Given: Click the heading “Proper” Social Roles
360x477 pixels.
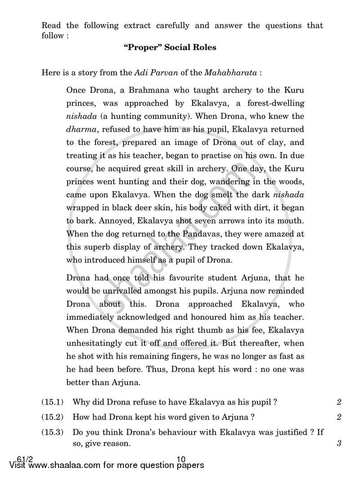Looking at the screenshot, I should tap(170, 47).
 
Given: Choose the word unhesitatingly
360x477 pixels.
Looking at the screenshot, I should tap(96, 343).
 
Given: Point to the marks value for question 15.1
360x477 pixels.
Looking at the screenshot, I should tap(338, 402).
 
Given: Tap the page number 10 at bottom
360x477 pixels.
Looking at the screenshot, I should tap(181, 459).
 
